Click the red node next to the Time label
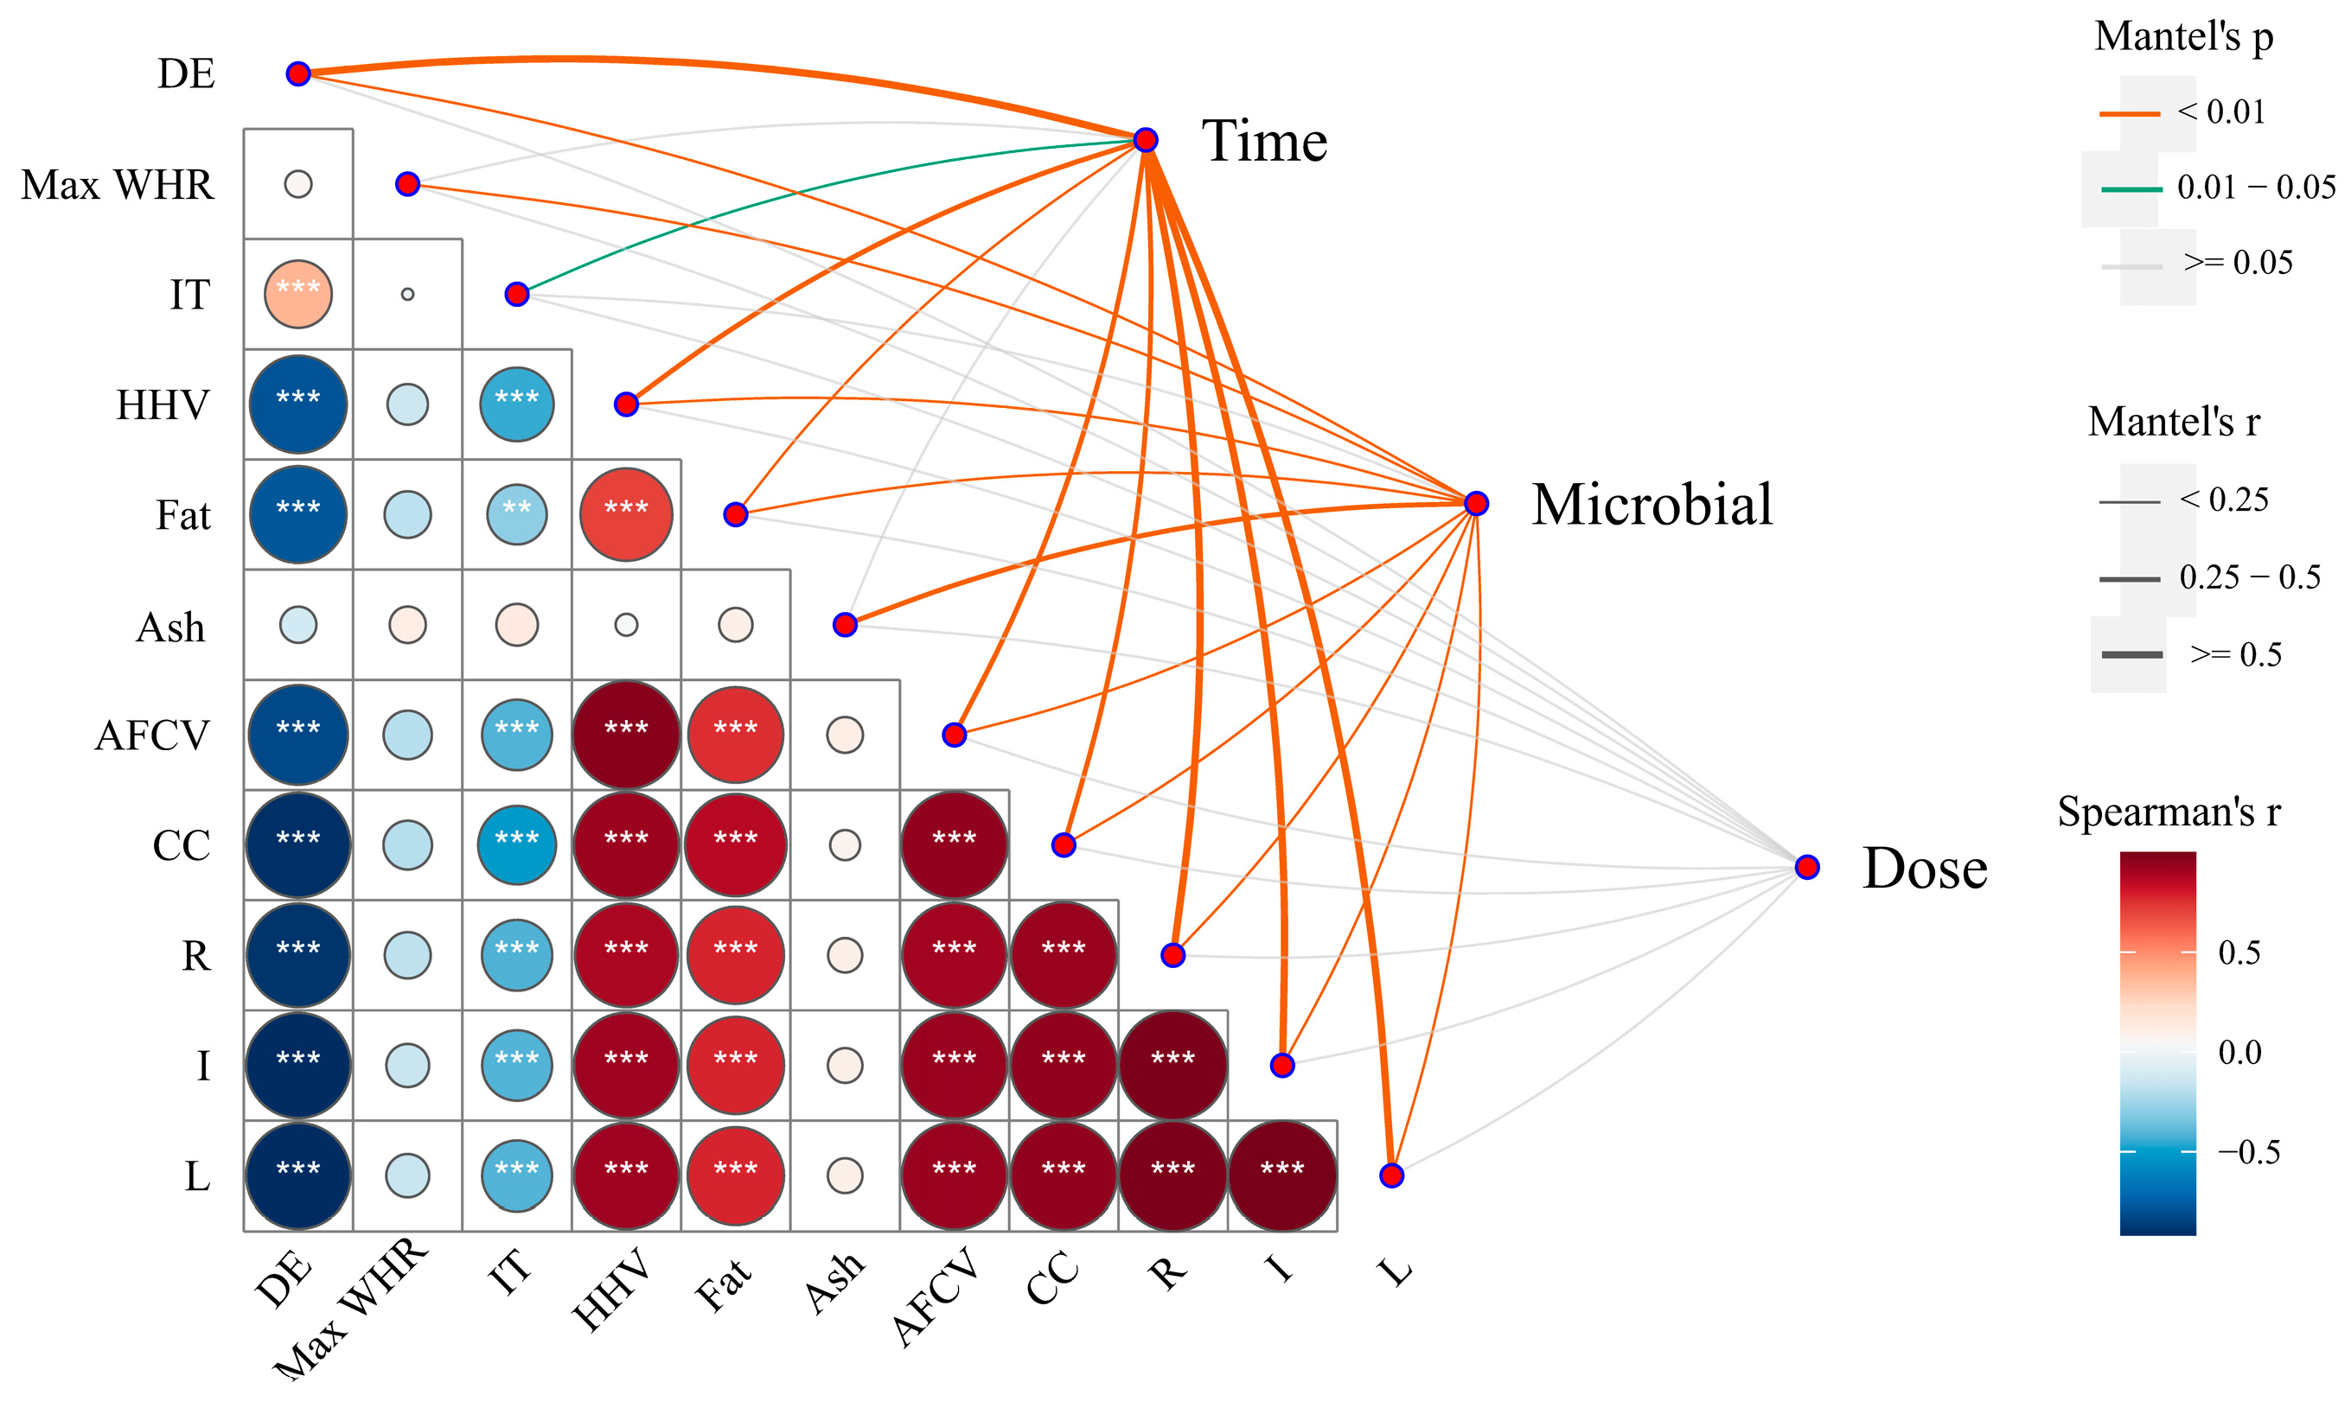point(1146,140)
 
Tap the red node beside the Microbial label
point(1475,503)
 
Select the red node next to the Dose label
point(1807,867)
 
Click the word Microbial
point(1651,504)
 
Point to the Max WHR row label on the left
point(118,185)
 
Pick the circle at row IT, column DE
point(298,295)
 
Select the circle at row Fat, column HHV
point(626,514)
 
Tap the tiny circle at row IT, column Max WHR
point(408,295)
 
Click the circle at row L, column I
point(1281,1175)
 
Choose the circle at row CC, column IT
point(516,845)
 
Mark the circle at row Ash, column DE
point(298,625)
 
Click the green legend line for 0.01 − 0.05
point(2131,189)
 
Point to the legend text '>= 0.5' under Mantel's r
point(2236,654)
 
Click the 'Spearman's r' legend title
point(2168,812)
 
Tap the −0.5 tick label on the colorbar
point(2248,1152)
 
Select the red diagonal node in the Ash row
point(845,625)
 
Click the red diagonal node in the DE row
point(298,73)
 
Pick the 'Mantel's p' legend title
point(2183,37)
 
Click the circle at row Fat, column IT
point(516,514)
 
